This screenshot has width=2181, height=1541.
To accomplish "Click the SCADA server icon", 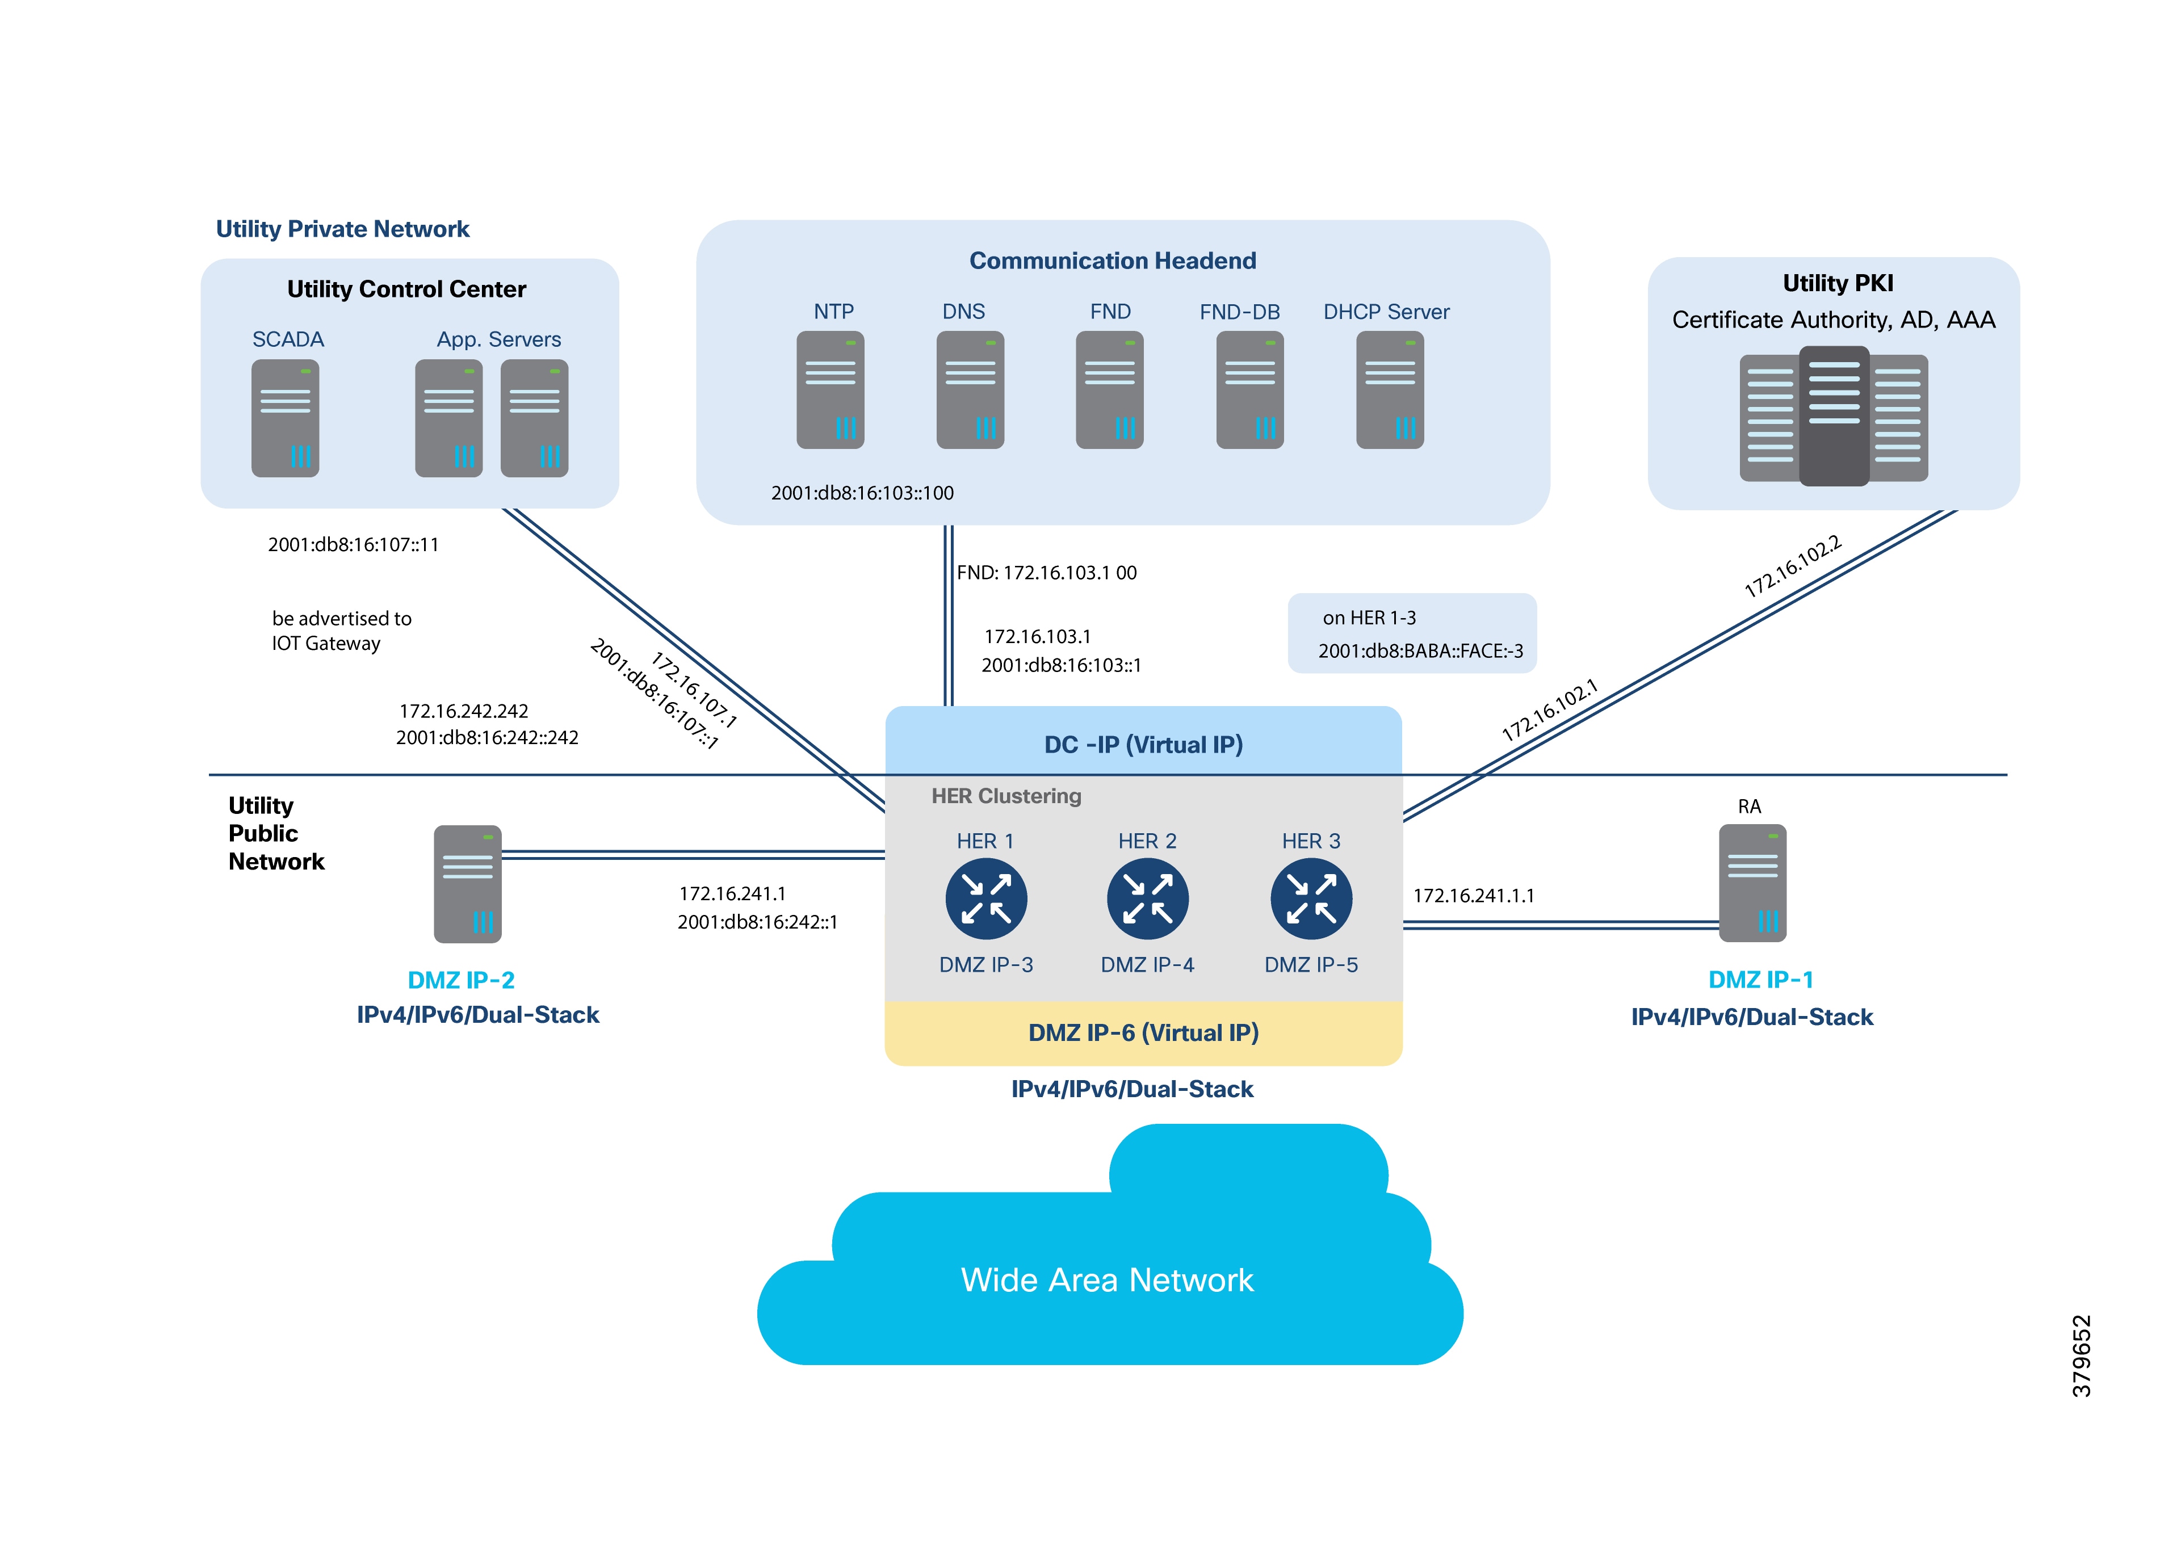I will [x=285, y=418].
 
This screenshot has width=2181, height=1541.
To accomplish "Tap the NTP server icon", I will [x=831, y=389].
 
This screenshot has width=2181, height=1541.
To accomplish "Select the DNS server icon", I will [x=970, y=389].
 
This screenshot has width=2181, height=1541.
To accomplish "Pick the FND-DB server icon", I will [x=1250, y=389].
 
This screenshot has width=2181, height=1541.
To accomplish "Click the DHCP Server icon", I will [x=1390, y=389].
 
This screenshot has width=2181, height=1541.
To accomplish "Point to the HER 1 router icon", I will [x=986, y=898].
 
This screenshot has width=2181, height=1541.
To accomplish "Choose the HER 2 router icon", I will [x=1147, y=898].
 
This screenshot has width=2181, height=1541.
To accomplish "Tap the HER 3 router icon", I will [x=1311, y=898].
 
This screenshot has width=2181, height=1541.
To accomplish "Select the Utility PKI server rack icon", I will [x=1834, y=417].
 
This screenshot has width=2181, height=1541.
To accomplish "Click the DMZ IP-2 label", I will [x=461, y=980].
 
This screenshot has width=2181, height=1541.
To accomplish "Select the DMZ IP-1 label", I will [x=1760, y=980].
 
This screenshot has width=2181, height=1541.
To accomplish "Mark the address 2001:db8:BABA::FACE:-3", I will [x=1420, y=651].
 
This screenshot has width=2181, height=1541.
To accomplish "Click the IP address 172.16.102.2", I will [x=1793, y=566].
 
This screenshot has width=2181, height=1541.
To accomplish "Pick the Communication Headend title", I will [x=1112, y=261].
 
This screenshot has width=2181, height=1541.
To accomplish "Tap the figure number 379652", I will [x=2081, y=1356].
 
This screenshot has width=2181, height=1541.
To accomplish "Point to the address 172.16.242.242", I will [x=464, y=711].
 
